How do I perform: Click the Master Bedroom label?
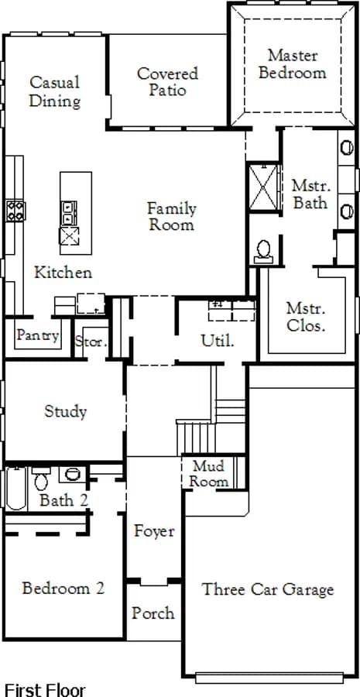[292, 64]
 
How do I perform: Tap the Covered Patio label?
[167, 82]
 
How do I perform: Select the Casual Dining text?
[55, 91]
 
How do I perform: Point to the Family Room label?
[172, 216]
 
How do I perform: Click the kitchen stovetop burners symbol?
[15, 211]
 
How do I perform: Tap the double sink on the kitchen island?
[69, 213]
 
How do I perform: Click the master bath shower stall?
[263, 187]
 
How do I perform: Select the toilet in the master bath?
[264, 252]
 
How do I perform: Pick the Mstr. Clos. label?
[306, 317]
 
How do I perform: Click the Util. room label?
[218, 341]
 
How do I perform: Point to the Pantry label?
[37, 335]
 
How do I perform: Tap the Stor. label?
[91, 342]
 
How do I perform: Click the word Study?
[65, 412]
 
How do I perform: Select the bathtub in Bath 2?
[16, 488]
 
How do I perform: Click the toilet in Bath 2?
[41, 479]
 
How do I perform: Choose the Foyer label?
[154, 531]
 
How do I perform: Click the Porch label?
[153, 613]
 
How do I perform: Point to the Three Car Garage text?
[268, 589]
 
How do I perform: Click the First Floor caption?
[44, 690]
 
